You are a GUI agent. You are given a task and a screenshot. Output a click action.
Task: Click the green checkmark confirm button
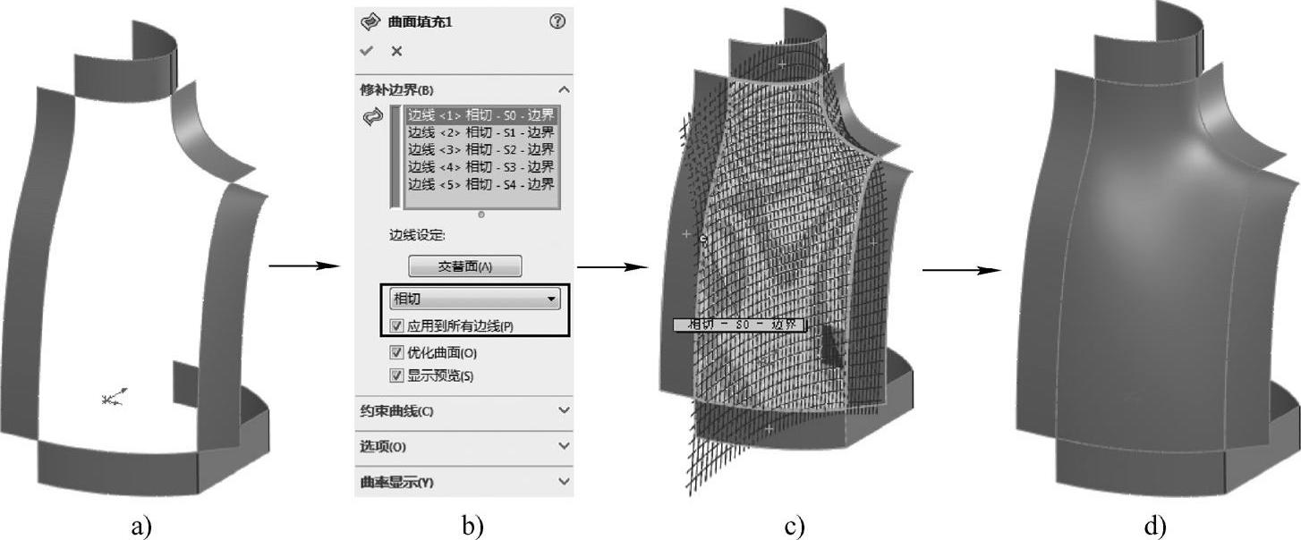coord(366,51)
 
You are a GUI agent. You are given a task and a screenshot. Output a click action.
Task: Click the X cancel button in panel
coord(396,51)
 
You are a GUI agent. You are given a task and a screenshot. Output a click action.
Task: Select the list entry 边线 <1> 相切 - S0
coord(480,115)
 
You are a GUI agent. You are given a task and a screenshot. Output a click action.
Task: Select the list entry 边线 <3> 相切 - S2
coord(480,149)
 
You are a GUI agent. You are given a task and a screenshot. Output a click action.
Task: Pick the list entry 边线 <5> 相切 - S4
coord(480,183)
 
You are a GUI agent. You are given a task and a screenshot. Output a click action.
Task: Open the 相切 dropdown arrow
coord(551,299)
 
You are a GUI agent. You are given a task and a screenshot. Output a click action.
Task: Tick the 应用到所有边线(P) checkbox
coord(397,325)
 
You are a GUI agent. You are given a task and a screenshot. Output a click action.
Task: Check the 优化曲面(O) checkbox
coord(397,352)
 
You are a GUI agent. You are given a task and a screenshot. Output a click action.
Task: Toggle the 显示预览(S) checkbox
coord(397,375)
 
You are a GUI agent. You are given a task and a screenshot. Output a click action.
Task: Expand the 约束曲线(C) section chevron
coord(564,410)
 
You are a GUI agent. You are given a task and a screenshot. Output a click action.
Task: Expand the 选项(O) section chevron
coord(564,445)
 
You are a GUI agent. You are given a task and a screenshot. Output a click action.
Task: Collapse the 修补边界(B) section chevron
coord(564,89)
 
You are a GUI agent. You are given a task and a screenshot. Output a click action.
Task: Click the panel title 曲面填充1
coord(420,21)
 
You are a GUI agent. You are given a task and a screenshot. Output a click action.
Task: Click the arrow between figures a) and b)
coord(305,266)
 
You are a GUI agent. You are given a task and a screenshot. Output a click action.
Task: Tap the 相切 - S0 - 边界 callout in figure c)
coord(739,325)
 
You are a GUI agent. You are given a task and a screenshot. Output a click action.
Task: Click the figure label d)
coord(1155,527)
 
